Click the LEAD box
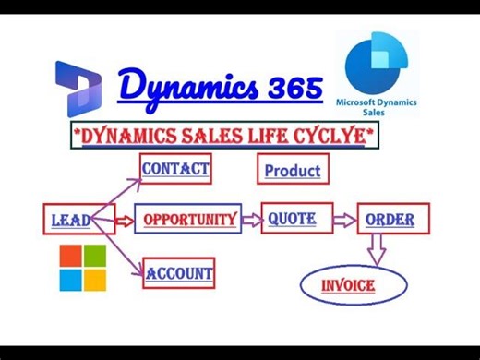pyautogui.click(x=70, y=220)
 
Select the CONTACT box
pyautogui.click(x=175, y=169)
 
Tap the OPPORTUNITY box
pyautogui.click(x=188, y=220)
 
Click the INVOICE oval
pyautogui.click(x=347, y=285)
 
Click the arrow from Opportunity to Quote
pyautogui.click(x=249, y=220)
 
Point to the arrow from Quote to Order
pyautogui.click(x=343, y=220)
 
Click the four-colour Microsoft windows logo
pyautogui.click(x=83, y=267)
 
